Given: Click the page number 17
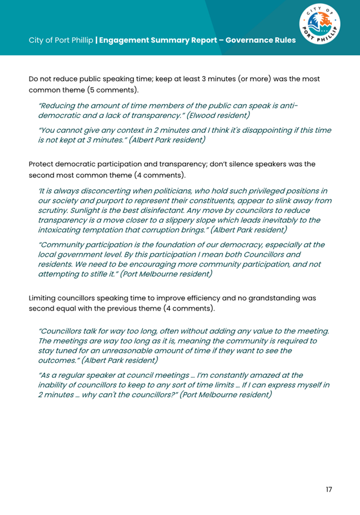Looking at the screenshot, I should pos(328,489).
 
